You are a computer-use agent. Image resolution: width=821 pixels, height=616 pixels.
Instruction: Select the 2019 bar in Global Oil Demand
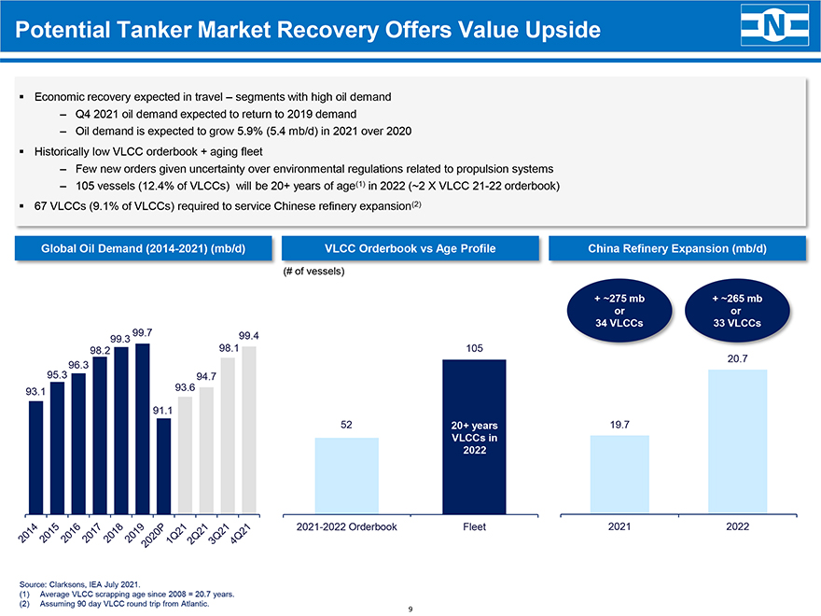coord(143,428)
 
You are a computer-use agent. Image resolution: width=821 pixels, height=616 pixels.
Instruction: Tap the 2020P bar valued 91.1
coord(164,466)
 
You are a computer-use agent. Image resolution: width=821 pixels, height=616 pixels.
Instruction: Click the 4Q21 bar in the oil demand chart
coord(249,430)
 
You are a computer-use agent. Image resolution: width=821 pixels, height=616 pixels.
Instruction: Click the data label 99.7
coord(143,332)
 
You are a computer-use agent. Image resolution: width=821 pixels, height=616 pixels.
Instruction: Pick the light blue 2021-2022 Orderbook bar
coord(347,475)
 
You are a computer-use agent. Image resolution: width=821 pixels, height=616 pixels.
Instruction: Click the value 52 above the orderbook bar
coord(346,425)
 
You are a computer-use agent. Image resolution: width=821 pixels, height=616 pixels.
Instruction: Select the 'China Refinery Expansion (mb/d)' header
coord(677,248)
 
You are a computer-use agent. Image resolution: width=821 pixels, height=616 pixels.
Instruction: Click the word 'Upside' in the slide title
coord(554,31)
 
